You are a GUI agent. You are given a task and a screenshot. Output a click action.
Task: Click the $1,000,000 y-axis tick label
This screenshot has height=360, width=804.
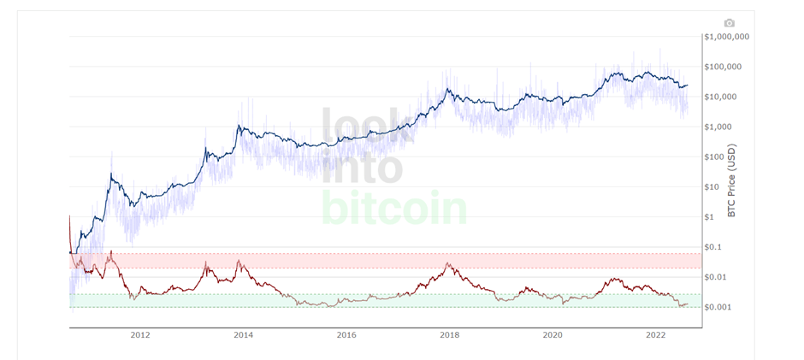click(726, 37)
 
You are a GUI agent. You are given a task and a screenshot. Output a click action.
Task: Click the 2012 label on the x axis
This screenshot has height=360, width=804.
click(140, 334)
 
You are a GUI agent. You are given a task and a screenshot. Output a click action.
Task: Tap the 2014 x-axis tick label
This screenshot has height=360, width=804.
click(243, 334)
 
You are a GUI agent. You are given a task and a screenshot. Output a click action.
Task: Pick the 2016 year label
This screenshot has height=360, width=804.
click(346, 334)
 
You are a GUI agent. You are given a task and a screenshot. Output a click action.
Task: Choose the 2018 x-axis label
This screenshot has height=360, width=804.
click(450, 334)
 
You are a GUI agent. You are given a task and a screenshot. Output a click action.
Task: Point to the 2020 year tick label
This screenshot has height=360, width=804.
click(553, 334)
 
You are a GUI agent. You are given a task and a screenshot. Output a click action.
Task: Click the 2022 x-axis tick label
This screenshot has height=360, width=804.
click(656, 334)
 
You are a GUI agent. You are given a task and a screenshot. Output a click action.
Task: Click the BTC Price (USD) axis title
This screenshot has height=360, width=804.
click(732, 180)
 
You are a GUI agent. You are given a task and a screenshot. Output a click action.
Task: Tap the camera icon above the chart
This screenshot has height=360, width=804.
click(729, 23)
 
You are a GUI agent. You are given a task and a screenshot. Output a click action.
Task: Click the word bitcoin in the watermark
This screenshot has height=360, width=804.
click(393, 208)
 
